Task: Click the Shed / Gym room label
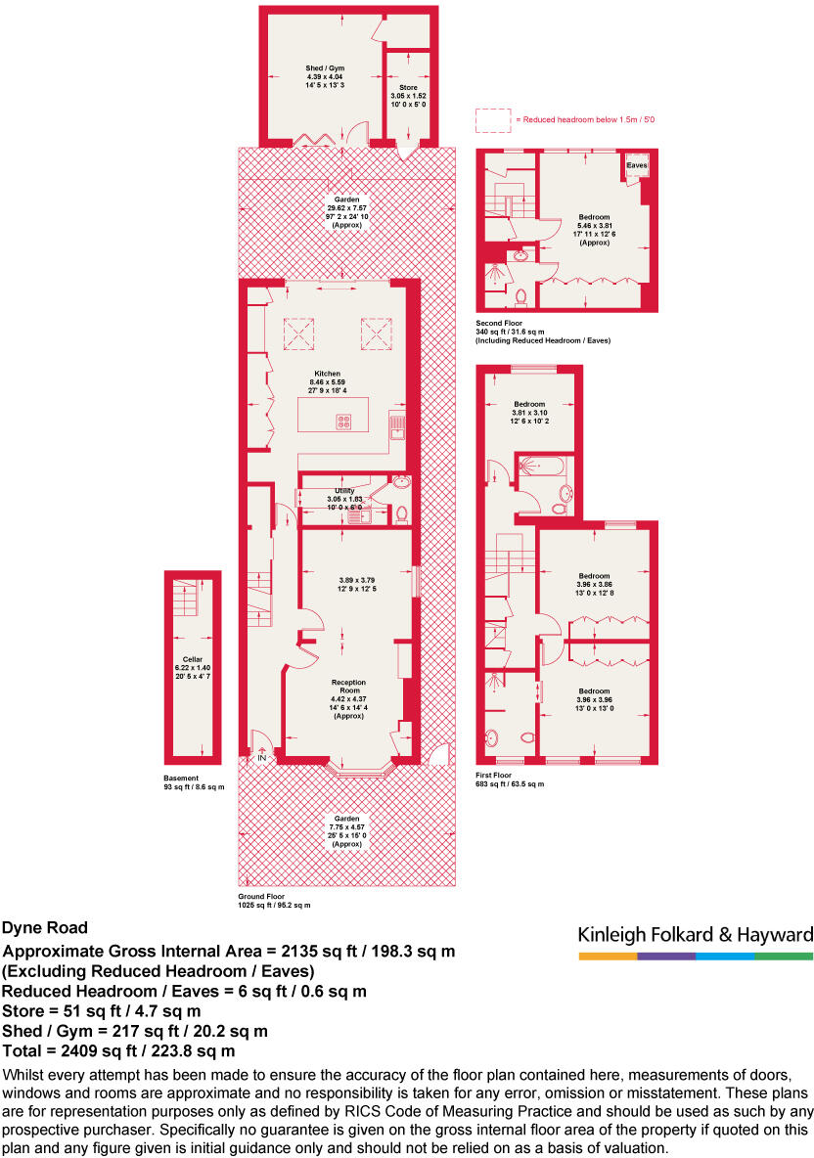click(x=325, y=68)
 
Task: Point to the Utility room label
click(x=343, y=491)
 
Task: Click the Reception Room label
click(x=347, y=685)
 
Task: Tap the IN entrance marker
click(x=262, y=758)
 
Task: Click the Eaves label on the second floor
click(x=637, y=166)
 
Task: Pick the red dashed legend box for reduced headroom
click(x=492, y=119)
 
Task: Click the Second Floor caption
click(x=499, y=323)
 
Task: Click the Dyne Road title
click(x=45, y=928)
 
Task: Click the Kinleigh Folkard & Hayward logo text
click(x=695, y=935)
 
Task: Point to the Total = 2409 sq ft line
click(x=119, y=1051)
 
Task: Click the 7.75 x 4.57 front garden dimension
click(x=346, y=826)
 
